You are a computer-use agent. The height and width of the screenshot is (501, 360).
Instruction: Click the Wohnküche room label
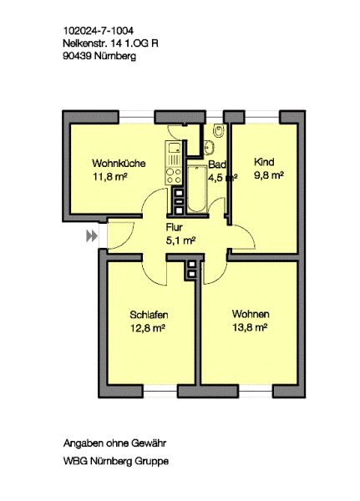[x=119, y=164]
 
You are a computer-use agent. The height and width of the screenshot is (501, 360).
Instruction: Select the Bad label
[x=217, y=164]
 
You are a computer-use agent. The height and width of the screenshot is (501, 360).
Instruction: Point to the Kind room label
[x=264, y=162]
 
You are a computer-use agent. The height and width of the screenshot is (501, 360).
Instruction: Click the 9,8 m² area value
[x=269, y=175]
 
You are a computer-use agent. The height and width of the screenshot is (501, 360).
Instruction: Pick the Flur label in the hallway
[x=175, y=227]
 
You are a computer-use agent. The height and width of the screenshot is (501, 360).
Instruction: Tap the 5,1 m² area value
[x=180, y=240]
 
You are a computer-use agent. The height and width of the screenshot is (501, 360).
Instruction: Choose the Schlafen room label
[x=149, y=315]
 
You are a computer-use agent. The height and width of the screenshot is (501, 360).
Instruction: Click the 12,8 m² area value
[x=147, y=328]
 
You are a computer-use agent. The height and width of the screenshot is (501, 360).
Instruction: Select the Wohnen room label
[x=251, y=314]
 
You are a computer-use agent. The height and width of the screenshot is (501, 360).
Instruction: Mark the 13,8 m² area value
[x=250, y=327]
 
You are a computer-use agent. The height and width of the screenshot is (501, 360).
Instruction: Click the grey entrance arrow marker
[x=92, y=236]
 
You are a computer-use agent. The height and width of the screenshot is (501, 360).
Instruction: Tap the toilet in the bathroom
[x=219, y=130]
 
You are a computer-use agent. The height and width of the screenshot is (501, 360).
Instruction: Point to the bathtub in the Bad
[x=196, y=189]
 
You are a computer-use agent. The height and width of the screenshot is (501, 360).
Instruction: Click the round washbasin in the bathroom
[x=210, y=147]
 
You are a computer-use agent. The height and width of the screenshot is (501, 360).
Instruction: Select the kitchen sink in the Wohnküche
[x=174, y=147]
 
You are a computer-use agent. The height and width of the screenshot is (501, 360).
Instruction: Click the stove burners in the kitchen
[x=173, y=176]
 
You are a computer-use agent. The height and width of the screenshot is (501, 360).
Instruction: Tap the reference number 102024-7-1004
[x=99, y=31]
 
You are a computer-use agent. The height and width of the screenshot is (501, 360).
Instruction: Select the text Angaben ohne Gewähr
[x=114, y=443]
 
